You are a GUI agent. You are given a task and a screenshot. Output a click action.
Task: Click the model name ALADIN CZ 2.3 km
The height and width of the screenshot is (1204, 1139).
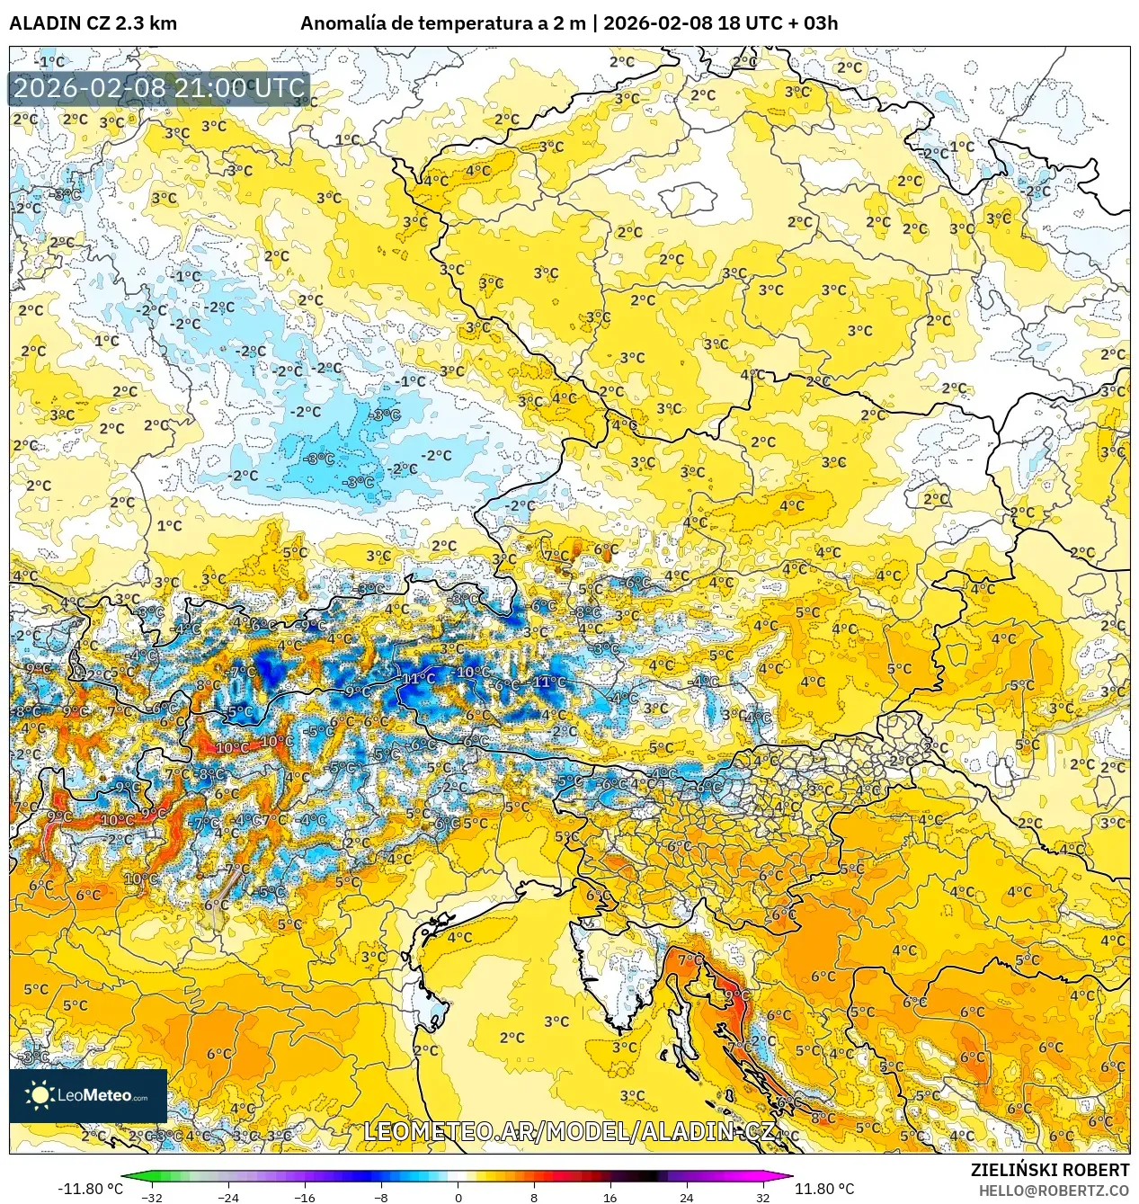[93, 23]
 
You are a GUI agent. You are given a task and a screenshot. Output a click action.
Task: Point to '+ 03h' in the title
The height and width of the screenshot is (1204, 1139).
[811, 23]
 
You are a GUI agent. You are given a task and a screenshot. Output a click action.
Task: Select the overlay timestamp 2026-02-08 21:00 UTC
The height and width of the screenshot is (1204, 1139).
[159, 88]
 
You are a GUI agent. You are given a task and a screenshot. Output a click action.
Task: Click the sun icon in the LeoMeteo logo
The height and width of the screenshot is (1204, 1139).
[40, 1094]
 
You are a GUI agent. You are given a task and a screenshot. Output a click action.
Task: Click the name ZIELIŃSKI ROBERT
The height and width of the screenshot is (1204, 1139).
[1049, 1170]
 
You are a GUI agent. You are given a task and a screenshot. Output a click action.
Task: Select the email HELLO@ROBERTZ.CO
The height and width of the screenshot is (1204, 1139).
[1054, 1191]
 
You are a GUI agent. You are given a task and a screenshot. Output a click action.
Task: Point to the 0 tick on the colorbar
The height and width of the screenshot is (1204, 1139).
[458, 1197]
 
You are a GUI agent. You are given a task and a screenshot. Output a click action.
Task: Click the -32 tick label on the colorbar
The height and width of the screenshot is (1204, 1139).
[152, 1197]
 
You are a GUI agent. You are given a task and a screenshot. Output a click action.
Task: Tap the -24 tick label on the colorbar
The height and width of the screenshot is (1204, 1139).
[228, 1197]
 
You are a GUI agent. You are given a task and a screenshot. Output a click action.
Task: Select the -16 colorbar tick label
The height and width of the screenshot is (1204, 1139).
[305, 1197]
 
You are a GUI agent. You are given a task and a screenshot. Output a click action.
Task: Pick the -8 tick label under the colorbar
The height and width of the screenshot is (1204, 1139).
[381, 1197]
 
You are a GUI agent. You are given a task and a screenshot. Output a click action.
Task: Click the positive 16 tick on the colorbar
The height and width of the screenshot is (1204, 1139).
[610, 1197]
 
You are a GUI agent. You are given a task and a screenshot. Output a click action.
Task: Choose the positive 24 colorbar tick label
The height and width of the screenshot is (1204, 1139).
[686, 1197]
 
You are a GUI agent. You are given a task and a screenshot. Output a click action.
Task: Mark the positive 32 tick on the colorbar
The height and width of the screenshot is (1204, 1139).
[762, 1197]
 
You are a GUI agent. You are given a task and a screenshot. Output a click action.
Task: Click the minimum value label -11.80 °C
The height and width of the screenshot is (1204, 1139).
[90, 1189]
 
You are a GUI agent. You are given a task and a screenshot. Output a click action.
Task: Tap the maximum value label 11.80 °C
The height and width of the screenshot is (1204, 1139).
[824, 1189]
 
